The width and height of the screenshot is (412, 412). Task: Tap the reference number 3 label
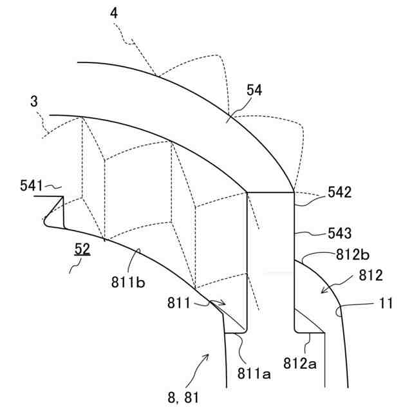pos(33,102)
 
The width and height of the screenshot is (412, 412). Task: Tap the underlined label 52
pos(82,248)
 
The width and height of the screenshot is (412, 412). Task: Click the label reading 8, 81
pos(183,398)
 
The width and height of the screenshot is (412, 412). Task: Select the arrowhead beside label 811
pos(221,302)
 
